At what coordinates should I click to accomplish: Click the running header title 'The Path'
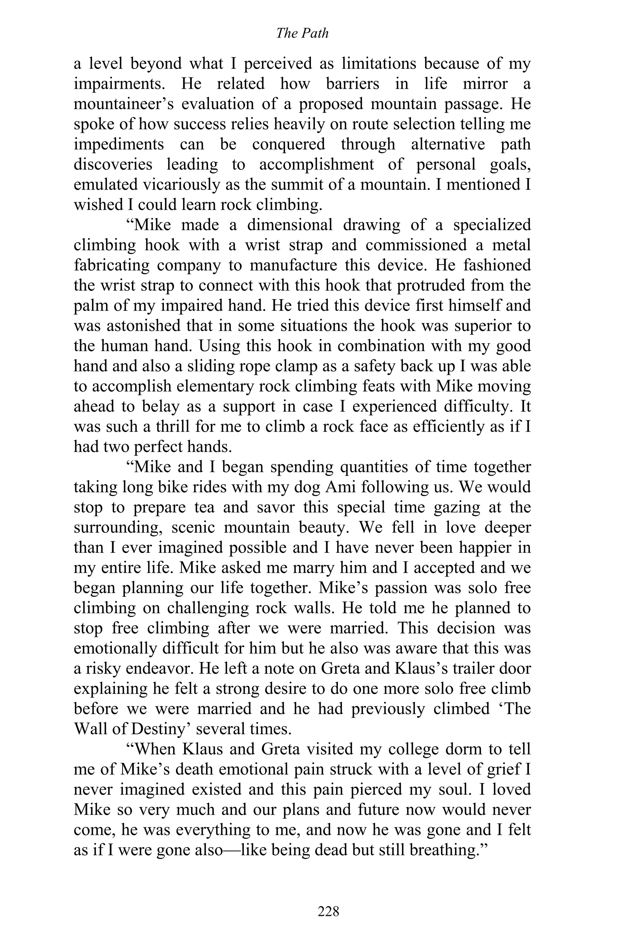tap(302, 33)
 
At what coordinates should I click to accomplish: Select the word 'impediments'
tap(119, 145)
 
